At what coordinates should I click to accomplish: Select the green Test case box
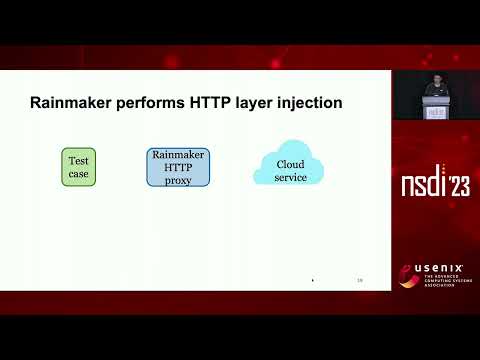point(78,167)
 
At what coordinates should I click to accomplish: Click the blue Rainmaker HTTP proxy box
point(178,167)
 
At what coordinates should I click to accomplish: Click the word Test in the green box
point(78,161)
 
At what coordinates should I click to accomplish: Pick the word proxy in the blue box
point(178,179)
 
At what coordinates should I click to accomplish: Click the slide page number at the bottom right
point(360,281)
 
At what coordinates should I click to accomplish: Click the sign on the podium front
point(435,113)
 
